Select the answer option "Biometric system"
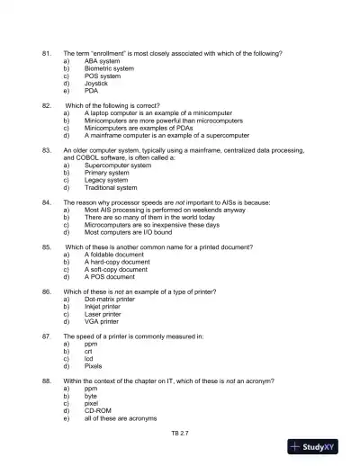108,68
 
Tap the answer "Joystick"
95,84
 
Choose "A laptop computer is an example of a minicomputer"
154,113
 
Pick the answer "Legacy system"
105,180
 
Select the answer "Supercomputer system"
117,166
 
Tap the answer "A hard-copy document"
117,262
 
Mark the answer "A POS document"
109,277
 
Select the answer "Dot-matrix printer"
109,299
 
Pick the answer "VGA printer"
101,321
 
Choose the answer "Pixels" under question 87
94,366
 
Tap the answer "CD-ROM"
97,410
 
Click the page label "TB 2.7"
180,433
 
